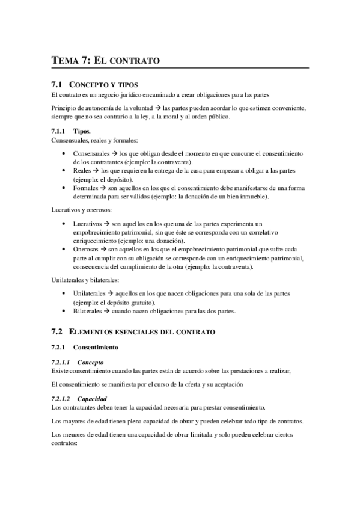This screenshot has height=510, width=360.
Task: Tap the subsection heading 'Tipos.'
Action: coord(82,131)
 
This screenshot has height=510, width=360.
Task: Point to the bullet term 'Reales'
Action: coord(83,171)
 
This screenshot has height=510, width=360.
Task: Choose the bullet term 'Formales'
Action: coord(87,188)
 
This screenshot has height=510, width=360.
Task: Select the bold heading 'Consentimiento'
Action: coord(96,348)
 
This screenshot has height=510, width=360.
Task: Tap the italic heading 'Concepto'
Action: coord(91,363)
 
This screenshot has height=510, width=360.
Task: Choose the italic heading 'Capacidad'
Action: coord(92,399)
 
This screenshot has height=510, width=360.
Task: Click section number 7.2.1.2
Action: coord(61,399)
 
